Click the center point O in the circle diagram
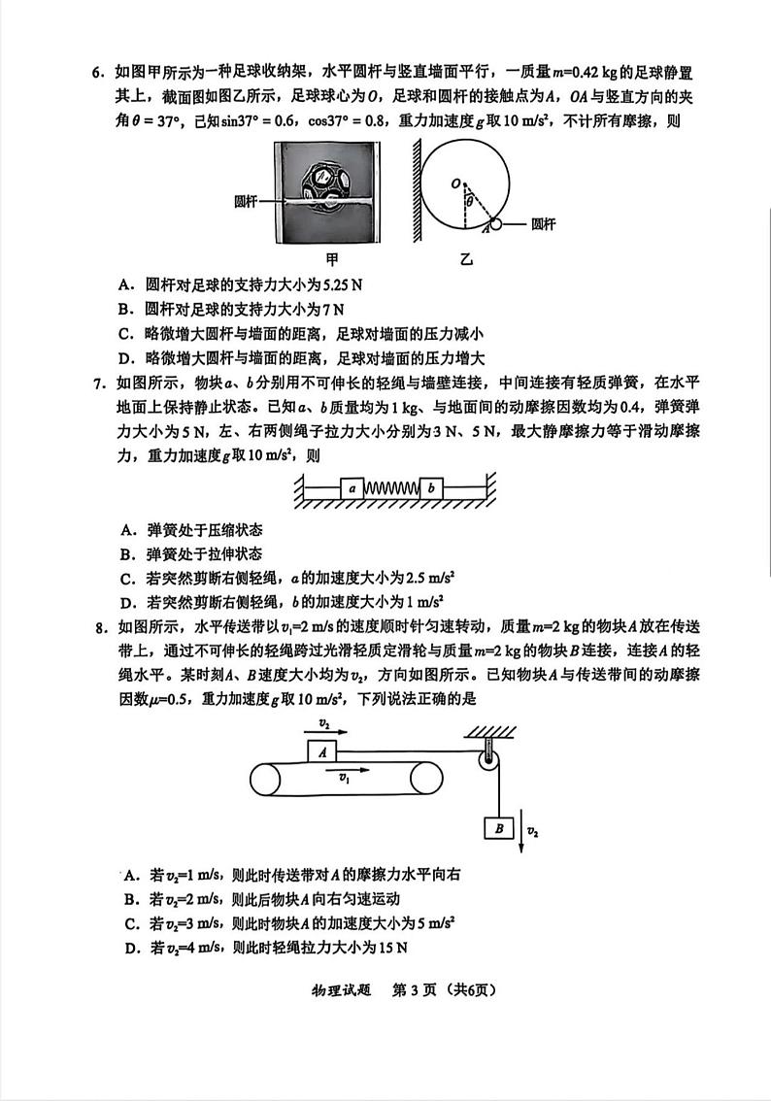[x=453, y=182]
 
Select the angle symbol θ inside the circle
[x=468, y=200]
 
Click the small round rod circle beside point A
[x=496, y=223]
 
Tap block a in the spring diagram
[x=352, y=487]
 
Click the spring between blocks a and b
[x=390, y=487]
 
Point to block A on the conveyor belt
[x=321, y=751]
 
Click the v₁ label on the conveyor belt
[x=345, y=777]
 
